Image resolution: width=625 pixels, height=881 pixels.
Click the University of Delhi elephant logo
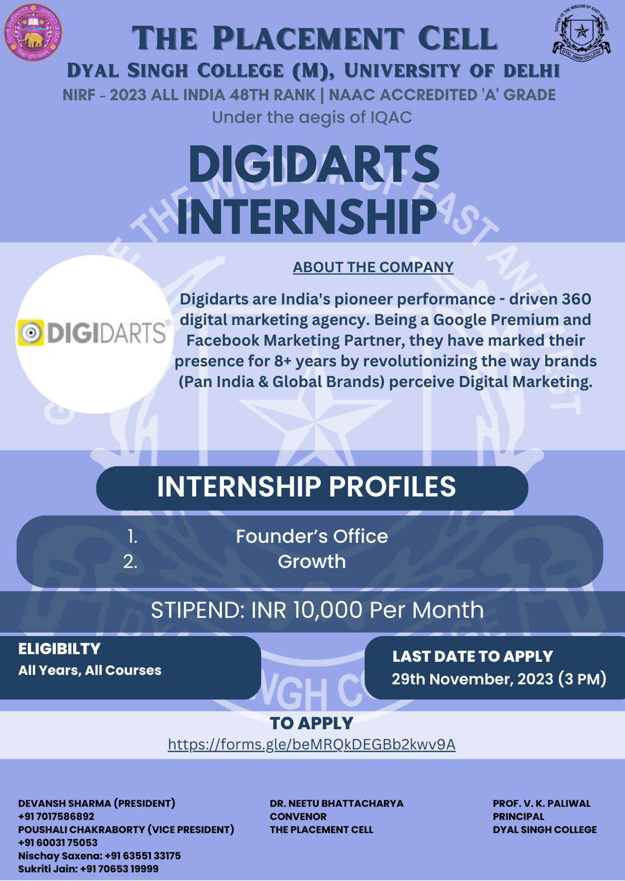tap(33, 32)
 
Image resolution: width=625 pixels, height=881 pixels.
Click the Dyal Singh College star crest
tap(581, 31)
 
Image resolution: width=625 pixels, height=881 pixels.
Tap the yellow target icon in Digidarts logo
tap(30, 333)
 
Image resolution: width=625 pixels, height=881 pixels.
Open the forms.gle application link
tap(312, 744)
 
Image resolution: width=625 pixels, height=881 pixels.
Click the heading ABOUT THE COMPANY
tap(373, 267)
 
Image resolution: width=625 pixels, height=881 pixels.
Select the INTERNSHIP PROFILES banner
tap(312, 488)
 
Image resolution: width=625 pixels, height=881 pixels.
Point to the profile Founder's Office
tap(312, 536)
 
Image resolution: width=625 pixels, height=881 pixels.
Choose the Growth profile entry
tap(312, 561)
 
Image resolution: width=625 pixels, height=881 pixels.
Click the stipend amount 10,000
tap(328, 610)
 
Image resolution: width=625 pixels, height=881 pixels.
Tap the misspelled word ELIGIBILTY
tap(59, 649)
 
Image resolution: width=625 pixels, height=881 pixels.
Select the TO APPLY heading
tap(312, 723)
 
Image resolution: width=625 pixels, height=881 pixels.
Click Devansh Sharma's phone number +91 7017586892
tap(56, 816)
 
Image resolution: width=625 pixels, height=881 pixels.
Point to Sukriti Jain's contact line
tap(89, 868)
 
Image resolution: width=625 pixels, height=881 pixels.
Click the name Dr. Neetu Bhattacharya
tap(336, 803)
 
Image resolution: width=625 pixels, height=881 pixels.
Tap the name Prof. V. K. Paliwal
tap(542, 803)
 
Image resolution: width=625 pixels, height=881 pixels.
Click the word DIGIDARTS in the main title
tap(314, 164)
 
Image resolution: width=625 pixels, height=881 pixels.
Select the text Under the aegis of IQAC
tap(312, 117)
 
